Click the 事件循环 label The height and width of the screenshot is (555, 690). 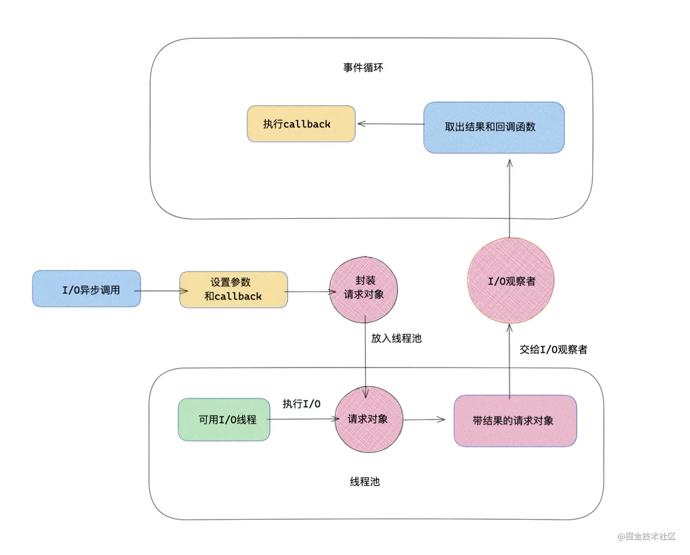point(363,68)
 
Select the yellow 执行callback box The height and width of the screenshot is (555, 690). point(301,124)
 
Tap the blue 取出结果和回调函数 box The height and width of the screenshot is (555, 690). point(493,127)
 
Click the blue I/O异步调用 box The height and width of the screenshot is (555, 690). point(87,289)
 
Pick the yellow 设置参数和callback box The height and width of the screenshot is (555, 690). point(233,289)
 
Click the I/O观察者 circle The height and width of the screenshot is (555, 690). point(511,281)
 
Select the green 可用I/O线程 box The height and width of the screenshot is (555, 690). point(224,419)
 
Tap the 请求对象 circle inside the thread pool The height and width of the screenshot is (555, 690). point(368,419)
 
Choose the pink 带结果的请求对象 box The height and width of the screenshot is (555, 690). point(515,421)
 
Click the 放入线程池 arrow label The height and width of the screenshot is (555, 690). point(396,338)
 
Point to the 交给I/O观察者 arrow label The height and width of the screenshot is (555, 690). point(553,350)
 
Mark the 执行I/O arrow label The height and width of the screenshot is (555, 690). point(301,404)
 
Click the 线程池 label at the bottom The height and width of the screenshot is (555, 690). point(365,482)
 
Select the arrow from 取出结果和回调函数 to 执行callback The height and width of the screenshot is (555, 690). point(390,124)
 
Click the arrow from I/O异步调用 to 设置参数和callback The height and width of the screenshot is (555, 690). point(161,291)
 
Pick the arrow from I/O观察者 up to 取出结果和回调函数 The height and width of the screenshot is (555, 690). point(509,199)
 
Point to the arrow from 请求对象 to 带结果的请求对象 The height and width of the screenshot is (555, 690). point(424,419)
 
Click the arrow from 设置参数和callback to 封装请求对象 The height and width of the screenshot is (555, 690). point(309,292)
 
